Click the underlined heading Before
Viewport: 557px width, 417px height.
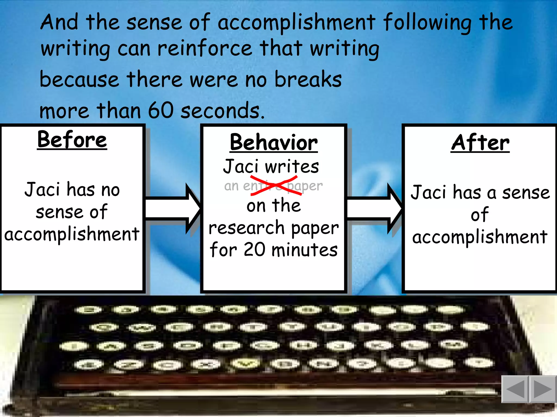click(x=72, y=140)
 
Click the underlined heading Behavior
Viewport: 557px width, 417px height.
click(x=274, y=143)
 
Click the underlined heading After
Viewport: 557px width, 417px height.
click(x=480, y=143)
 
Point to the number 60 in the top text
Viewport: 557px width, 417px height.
click(x=160, y=110)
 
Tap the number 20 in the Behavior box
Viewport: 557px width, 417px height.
click(x=254, y=250)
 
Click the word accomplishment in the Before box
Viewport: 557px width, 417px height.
click(x=72, y=234)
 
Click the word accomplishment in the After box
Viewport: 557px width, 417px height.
click(x=480, y=237)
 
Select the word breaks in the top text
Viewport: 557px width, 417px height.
click(x=308, y=79)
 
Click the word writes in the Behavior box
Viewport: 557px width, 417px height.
click(x=292, y=166)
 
